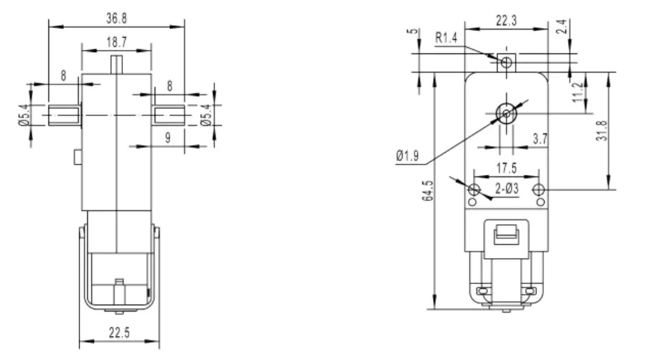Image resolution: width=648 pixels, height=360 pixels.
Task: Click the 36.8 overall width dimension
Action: pos(115,15)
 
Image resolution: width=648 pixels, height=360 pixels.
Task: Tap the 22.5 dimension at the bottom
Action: pos(119,333)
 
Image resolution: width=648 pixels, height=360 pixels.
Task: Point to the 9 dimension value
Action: pos(168,139)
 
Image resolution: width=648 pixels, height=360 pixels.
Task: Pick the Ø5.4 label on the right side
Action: pos(206,113)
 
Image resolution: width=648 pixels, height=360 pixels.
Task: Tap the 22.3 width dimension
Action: pos(507,22)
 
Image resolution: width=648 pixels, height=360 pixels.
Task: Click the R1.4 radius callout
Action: pos(446,39)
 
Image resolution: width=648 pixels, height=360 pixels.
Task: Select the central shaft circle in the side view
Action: pos(505,111)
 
